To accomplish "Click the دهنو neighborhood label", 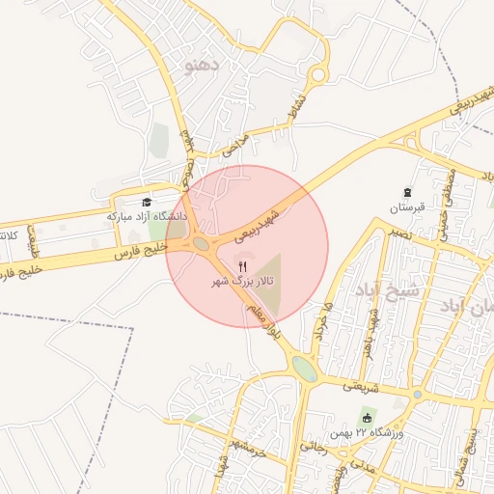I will point(203,66).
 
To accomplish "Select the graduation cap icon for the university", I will point(147,202).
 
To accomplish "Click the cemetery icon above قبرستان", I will point(407,192).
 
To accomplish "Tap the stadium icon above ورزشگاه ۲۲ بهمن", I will point(368,418).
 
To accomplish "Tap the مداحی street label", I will point(234,145).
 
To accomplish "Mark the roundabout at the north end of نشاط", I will point(317,75).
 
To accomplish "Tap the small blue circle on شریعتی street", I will point(417,395).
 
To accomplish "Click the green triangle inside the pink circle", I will point(270,283).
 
